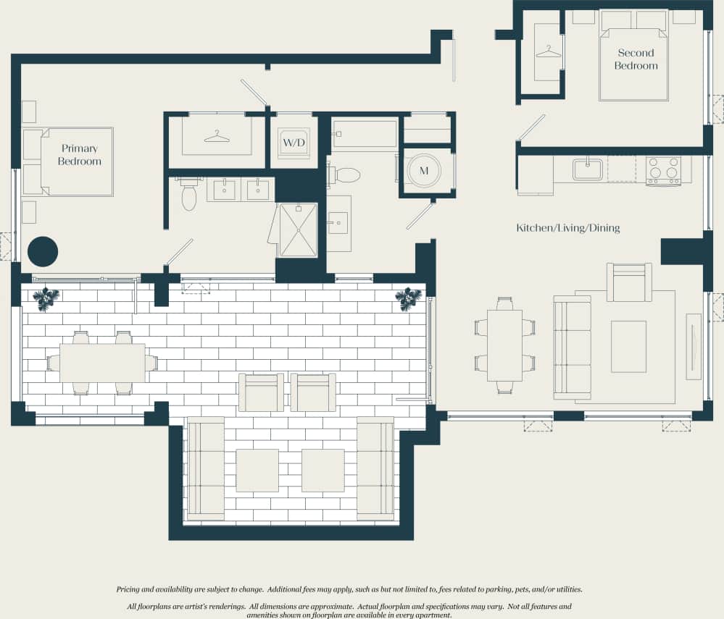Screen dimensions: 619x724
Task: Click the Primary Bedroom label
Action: tap(79, 155)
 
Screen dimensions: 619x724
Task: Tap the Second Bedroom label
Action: tap(636, 59)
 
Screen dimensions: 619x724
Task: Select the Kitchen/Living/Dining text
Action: tap(567, 228)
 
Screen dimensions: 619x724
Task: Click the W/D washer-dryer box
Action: tap(294, 143)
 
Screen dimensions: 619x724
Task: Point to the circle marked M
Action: tap(425, 171)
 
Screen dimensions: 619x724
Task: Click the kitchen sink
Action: tap(588, 169)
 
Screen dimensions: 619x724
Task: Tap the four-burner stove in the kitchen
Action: tap(663, 171)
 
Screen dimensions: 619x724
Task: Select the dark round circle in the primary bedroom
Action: tap(42, 251)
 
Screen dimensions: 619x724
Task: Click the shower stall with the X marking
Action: tap(298, 230)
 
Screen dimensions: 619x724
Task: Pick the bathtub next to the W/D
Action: tap(365, 135)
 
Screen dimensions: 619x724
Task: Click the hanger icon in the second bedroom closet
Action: tap(549, 52)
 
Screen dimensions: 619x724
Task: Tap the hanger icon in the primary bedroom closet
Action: tap(217, 135)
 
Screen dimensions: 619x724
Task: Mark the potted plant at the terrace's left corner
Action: tap(46, 298)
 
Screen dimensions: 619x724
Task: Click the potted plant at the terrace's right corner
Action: tap(408, 298)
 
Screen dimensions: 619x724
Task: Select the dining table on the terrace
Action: tap(101, 363)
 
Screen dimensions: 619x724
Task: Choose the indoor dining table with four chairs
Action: tap(504, 345)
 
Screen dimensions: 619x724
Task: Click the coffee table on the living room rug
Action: tap(628, 346)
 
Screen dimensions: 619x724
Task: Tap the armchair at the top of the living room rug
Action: tap(628, 282)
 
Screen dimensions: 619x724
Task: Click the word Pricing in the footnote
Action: tap(132, 590)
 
